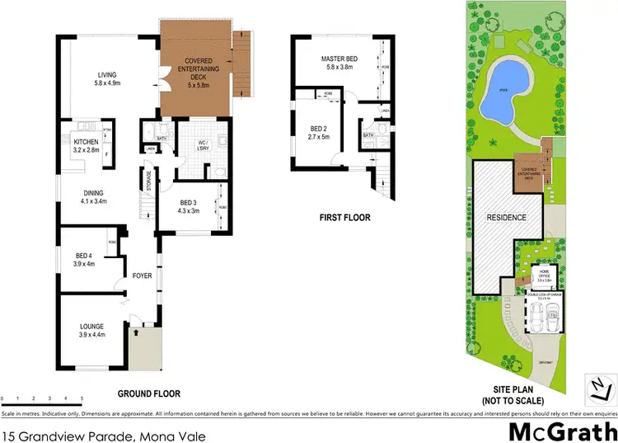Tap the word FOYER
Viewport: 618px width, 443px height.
coord(143,276)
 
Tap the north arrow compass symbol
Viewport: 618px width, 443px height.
coord(600,384)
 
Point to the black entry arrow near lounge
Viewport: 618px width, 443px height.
coord(134,333)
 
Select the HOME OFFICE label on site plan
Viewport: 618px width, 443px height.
coord(543,275)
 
